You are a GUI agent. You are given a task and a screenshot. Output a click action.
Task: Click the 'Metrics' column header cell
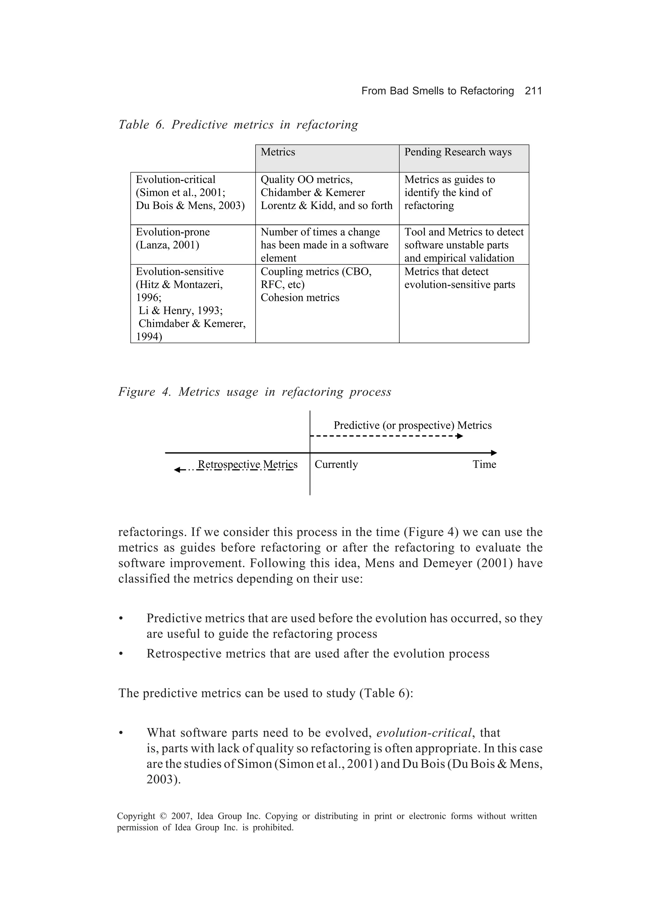point(327,158)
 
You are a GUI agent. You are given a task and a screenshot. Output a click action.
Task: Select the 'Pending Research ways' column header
point(463,158)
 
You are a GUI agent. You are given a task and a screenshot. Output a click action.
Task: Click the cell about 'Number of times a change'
point(327,244)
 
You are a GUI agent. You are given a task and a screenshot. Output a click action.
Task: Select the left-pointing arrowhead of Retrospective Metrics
point(177,470)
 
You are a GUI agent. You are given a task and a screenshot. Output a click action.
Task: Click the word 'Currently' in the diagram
point(336,464)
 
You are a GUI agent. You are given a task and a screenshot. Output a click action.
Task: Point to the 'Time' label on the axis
point(484,464)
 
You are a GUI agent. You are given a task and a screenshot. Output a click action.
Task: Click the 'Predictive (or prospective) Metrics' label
point(412,425)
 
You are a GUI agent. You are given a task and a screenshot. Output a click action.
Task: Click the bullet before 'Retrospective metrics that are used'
point(120,653)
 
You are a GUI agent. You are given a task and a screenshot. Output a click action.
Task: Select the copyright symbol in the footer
point(163,816)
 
